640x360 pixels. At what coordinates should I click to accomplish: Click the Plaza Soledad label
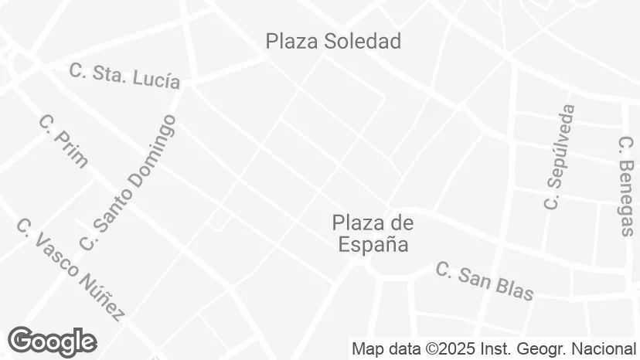click(333, 41)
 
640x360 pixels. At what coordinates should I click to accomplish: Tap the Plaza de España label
click(373, 234)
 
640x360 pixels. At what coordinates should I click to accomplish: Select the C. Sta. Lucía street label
click(124, 75)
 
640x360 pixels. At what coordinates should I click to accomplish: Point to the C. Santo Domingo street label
click(128, 183)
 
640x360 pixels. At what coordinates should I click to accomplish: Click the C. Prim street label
click(63, 141)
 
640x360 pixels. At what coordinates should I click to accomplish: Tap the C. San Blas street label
click(485, 281)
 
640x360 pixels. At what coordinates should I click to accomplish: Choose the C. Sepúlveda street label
click(560, 157)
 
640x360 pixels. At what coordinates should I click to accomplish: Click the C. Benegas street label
click(626, 185)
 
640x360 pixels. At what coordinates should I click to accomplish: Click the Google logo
click(52, 341)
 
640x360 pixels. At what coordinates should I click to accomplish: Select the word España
click(373, 245)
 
